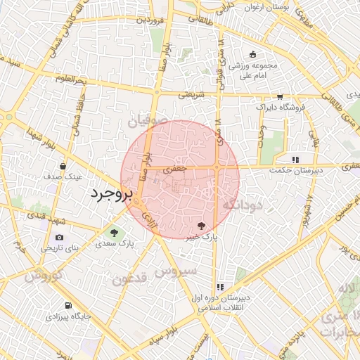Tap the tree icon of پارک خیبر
coord(202,226)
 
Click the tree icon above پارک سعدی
coord(113,231)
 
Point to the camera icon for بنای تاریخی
coord(59,237)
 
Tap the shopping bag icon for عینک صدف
coord(64,166)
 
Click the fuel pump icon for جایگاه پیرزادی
coord(68,305)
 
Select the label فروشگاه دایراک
coord(280,107)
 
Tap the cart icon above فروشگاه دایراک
coord(280,96)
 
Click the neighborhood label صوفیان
coord(149,122)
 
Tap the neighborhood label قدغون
coord(129,279)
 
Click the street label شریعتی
coord(190,94)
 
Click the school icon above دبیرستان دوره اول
coord(220,287)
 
